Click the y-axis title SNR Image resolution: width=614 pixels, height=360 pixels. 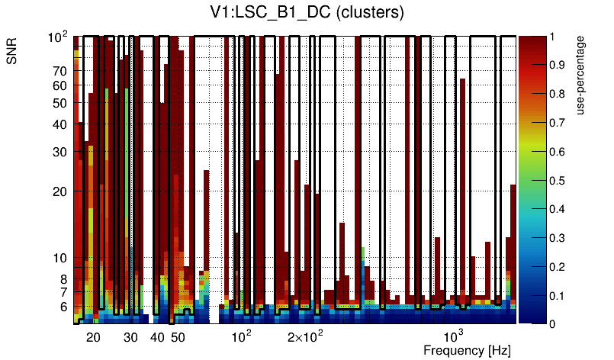(12, 51)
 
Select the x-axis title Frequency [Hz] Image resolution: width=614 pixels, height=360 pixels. (467, 350)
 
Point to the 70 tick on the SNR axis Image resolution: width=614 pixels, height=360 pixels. (60, 71)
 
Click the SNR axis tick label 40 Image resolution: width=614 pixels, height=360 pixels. (60, 124)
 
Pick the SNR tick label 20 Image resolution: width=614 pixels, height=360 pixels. (60, 191)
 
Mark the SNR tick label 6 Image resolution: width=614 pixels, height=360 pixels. (63, 307)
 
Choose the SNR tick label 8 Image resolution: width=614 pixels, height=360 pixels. (63, 279)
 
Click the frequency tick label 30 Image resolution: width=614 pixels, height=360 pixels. (130, 337)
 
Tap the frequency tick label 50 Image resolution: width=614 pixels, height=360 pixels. (178, 337)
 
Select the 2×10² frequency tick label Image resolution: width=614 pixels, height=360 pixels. (305, 336)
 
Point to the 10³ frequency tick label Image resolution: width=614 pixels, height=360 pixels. (454, 336)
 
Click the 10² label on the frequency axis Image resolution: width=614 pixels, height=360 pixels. (241, 336)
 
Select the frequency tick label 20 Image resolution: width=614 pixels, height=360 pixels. (93, 337)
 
